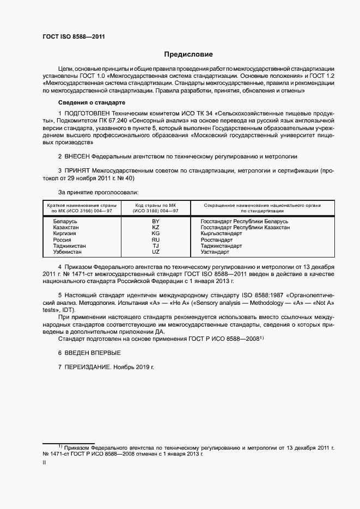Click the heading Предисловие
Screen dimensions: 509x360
click(188, 54)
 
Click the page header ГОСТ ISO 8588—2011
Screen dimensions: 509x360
click(74, 36)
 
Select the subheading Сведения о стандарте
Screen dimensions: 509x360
click(91, 103)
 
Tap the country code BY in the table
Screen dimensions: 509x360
click(155, 222)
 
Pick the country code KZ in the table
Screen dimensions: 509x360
click(155, 228)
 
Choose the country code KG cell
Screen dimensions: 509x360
click(155, 234)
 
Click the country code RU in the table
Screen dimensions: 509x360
click(155, 240)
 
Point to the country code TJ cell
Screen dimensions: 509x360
click(155, 246)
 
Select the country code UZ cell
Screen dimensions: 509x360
click(155, 252)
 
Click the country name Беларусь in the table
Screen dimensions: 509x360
click(65, 222)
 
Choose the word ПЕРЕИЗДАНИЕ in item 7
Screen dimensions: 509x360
click(88, 367)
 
